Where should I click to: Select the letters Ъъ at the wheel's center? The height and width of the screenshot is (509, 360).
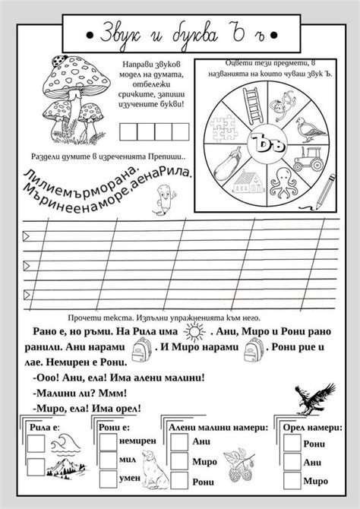tap(261, 141)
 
